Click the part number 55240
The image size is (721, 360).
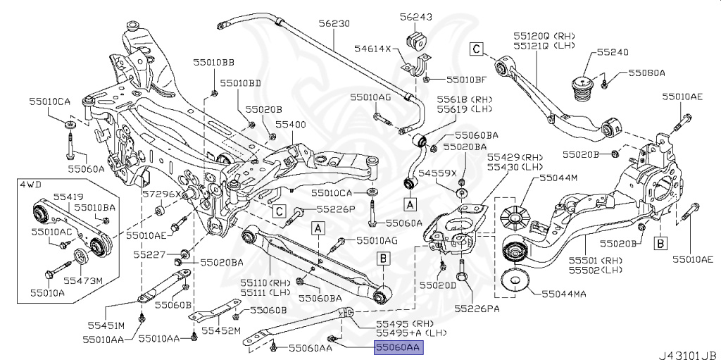pyautogui.click(x=613, y=52)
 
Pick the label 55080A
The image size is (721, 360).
pyautogui.click(x=646, y=72)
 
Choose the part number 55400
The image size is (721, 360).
pyautogui.click(x=290, y=123)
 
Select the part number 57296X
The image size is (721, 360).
pyautogui.click(x=162, y=192)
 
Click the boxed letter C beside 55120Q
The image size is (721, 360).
pyautogui.click(x=477, y=49)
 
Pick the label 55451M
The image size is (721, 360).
pyautogui.click(x=106, y=325)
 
